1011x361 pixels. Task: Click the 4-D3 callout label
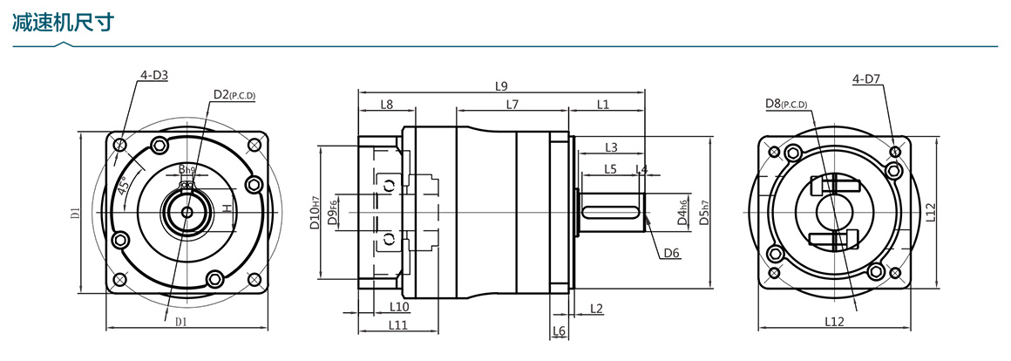click(x=153, y=75)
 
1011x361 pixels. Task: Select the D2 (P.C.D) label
click(x=234, y=94)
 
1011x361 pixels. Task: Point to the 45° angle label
click(x=126, y=185)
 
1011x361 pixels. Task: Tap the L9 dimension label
click(x=500, y=85)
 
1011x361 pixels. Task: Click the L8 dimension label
click(x=386, y=105)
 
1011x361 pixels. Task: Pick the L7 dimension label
click(x=512, y=105)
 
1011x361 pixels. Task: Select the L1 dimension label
click(x=603, y=105)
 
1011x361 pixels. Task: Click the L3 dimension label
click(x=611, y=146)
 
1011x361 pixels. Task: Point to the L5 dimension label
click(x=610, y=168)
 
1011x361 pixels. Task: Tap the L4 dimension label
click(x=641, y=168)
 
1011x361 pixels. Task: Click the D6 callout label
click(x=671, y=253)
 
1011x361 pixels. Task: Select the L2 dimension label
click(x=596, y=308)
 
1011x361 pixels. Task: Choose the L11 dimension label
click(x=397, y=325)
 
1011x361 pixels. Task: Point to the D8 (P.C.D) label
click(x=786, y=104)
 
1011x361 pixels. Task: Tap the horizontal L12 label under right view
click(x=834, y=322)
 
